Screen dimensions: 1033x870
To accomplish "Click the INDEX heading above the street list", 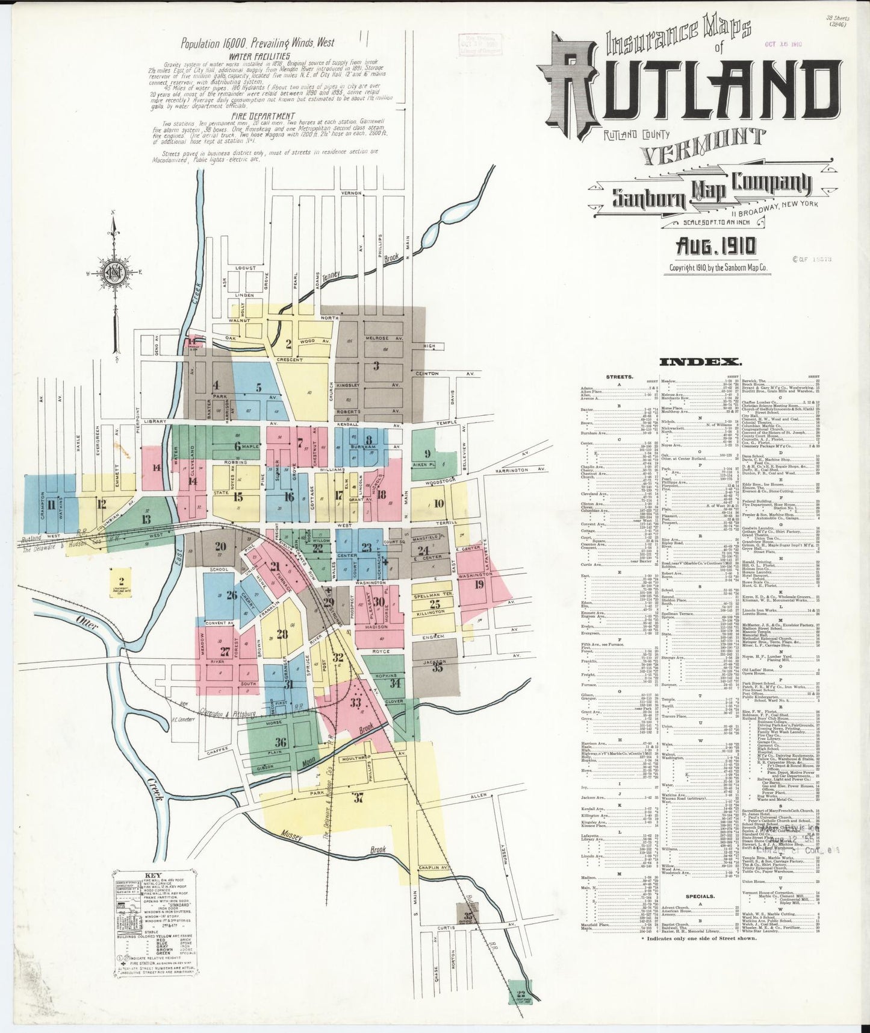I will [700, 362].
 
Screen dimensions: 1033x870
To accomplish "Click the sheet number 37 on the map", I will [359, 798].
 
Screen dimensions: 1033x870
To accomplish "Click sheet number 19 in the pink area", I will [479, 583].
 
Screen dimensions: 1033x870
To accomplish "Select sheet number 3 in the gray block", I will [376, 365].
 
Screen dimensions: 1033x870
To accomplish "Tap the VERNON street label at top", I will [351, 193].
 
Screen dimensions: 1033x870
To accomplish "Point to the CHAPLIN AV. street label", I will [435, 867].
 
